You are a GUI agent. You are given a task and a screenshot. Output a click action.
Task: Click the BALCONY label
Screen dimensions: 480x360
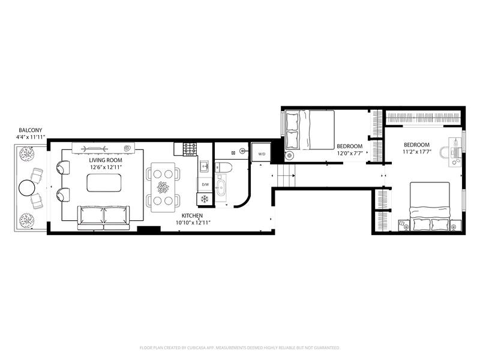click(31, 130)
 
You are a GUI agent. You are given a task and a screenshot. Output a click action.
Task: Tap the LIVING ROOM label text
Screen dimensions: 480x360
click(106, 160)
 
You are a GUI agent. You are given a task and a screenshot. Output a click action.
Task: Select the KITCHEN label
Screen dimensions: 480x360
click(192, 215)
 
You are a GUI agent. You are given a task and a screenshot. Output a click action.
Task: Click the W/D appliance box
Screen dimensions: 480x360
click(261, 152)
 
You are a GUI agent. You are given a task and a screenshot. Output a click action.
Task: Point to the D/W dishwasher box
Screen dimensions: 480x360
click(205, 185)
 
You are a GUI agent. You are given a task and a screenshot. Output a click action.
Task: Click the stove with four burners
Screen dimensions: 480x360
click(190, 149)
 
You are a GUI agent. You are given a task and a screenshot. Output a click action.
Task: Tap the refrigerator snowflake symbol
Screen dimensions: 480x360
click(204, 199)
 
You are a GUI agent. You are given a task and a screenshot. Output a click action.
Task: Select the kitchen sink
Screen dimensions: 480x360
click(204, 167)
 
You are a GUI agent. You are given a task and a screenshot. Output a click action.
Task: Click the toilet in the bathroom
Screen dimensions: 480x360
click(224, 167)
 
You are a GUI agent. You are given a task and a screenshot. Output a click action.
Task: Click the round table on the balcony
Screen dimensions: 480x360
click(27, 187)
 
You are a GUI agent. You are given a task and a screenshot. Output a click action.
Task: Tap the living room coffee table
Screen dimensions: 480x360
click(104, 183)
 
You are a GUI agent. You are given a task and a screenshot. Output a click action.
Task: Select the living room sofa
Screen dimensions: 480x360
click(103, 218)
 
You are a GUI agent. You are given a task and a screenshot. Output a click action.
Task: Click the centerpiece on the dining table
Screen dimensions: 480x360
click(163, 187)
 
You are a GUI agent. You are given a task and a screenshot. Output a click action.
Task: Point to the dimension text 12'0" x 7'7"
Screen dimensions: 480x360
click(350, 153)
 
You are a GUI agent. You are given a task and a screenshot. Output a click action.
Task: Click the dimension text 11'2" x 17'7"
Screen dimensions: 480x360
click(417, 151)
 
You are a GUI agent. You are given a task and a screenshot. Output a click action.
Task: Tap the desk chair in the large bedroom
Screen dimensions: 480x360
click(444, 152)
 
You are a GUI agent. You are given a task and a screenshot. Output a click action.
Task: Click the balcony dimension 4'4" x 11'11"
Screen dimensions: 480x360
click(31, 137)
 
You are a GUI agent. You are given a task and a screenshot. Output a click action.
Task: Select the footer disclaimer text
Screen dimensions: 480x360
click(239, 348)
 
